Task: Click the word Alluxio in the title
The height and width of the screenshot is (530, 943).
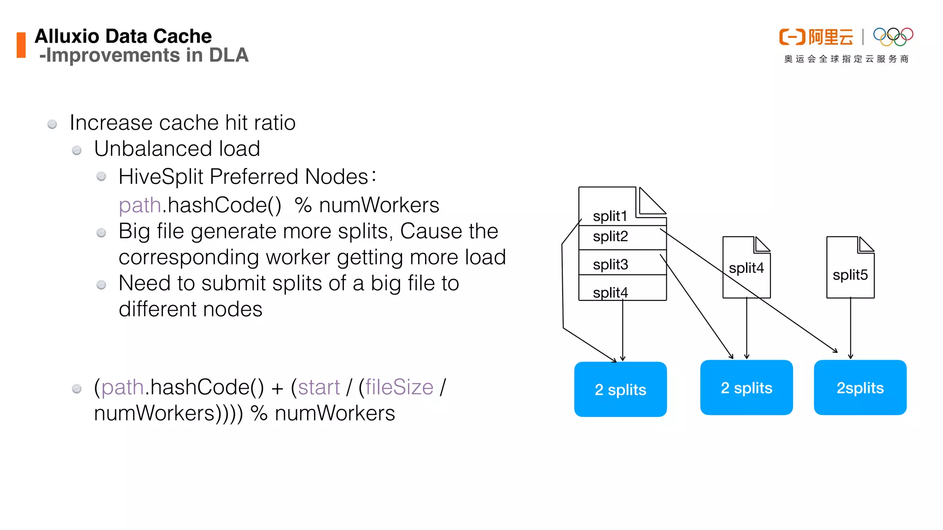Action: (67, 36)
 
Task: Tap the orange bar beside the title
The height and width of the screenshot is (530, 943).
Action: (21, 45)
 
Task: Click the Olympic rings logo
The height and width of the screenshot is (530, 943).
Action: (893, 37)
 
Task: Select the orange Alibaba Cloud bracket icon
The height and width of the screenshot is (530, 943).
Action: (792, 37)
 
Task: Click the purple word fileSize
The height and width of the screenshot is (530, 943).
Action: (399, 387)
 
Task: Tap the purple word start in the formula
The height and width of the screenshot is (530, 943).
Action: (319, 387)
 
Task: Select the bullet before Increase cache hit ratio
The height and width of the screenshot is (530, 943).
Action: (52, 124)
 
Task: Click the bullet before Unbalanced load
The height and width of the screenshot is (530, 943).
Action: (77, 150)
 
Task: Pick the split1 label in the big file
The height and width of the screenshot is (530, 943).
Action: (610, 216)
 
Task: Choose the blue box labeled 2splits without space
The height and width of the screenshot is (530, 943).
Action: (860, 388)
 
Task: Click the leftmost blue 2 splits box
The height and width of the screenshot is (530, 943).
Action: (620, 390)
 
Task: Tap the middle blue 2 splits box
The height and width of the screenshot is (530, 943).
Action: (746, 388)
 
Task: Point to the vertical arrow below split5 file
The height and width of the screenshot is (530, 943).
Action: (850, 328)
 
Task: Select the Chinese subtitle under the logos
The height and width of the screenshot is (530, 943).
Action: (846, 59)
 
